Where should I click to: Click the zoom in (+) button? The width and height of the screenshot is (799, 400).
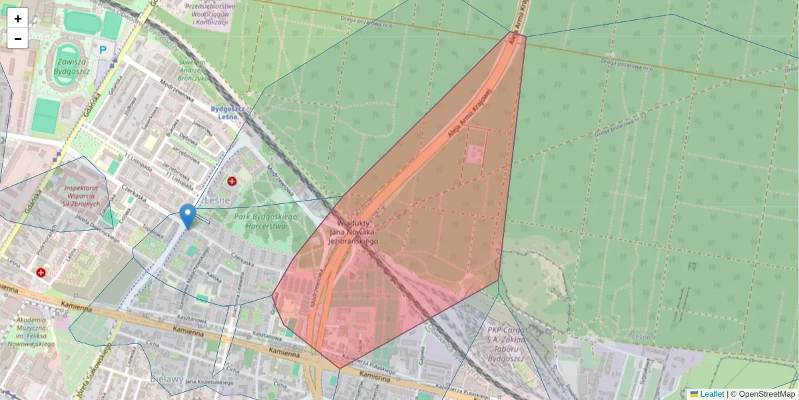[x=18, y=19]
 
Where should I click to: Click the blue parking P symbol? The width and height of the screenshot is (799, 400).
[x=103, y=49]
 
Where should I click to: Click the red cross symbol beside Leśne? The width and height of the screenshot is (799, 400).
[x=232, y=181]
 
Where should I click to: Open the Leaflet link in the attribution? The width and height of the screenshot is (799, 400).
[x=711, y=394]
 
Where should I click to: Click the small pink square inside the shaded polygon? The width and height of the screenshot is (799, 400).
[x=475, y=155]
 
